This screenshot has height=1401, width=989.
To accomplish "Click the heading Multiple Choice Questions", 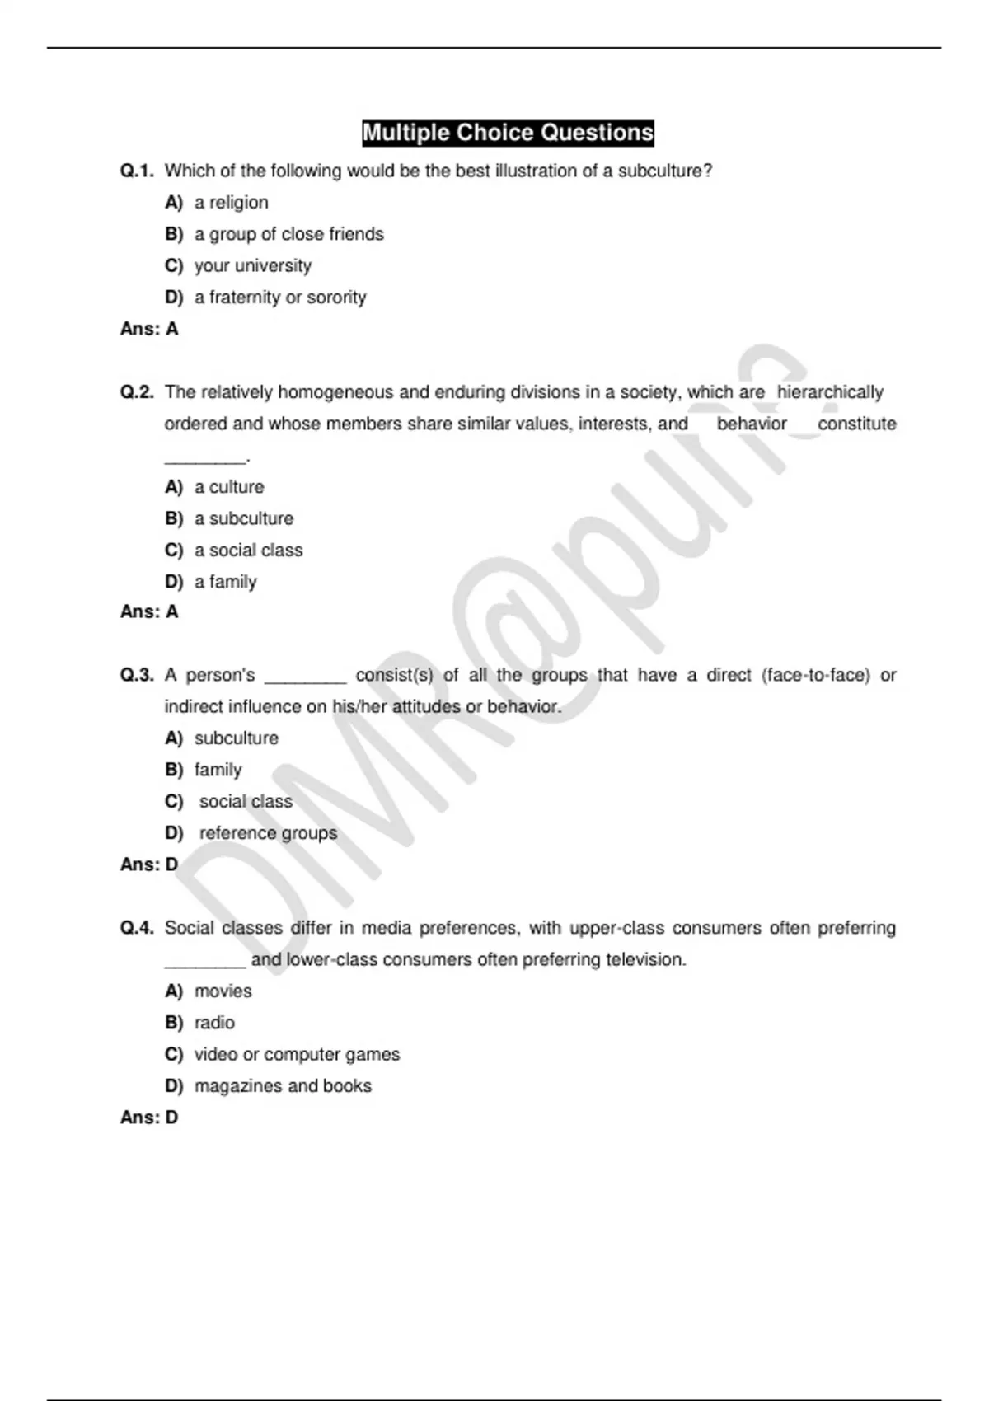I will [x=508, y=133].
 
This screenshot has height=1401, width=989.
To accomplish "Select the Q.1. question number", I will [x=137, y=171].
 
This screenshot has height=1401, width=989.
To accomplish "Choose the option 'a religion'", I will [x=231, y=203].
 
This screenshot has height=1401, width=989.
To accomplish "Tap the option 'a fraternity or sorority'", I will [x=280, y=298].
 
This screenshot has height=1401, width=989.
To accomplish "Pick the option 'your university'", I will [x=252, y=266].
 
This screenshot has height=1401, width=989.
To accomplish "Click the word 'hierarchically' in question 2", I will [x=830, y=392].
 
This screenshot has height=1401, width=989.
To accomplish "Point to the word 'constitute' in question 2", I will [x=856, y=424].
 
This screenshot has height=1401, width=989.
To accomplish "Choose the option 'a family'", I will [x=225, y=582].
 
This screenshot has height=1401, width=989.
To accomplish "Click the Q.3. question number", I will [x=137, y=675].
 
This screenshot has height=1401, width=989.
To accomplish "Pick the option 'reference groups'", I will [x=268, y=833].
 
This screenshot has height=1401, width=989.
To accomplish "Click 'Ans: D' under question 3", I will [x=149, y=864].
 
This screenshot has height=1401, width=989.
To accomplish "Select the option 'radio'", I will [x=214, y=1023].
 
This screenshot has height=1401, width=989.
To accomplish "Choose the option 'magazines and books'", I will [x=283, y=1086].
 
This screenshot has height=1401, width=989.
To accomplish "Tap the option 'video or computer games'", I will [x=297, y=1055].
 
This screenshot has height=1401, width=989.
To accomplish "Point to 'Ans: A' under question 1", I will [x=149, y=329].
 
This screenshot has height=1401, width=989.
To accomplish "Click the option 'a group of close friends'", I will [x=288, y=234].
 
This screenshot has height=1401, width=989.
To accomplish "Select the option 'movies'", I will [x=223, y=991].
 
